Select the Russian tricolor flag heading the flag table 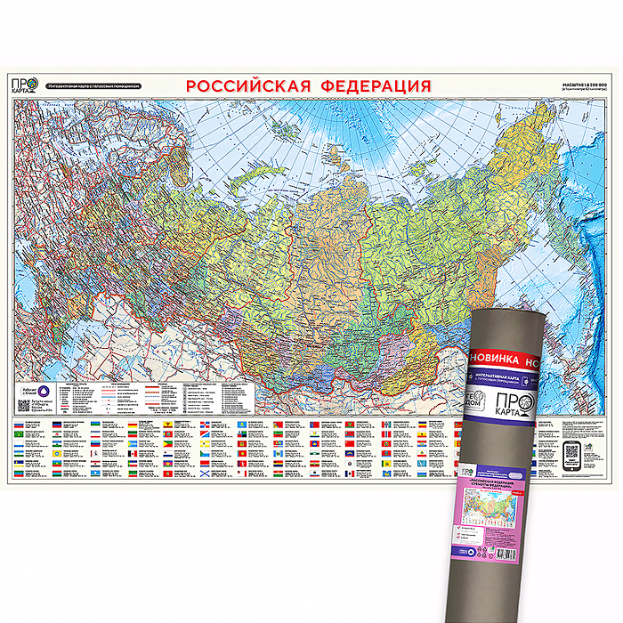point(21,426)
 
